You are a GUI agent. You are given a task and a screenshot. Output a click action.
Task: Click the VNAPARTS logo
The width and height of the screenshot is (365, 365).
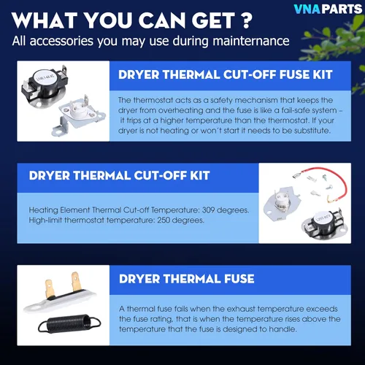(328, 9)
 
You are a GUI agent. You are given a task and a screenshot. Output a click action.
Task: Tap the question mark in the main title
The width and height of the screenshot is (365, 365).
(247, 20)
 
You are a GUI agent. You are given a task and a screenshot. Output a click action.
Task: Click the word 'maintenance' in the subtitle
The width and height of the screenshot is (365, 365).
(251, 41)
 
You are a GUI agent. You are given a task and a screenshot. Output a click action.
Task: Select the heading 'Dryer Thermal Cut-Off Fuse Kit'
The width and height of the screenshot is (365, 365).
(226, 74)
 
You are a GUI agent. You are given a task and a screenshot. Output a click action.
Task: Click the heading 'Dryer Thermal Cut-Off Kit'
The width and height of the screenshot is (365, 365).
(119, 175)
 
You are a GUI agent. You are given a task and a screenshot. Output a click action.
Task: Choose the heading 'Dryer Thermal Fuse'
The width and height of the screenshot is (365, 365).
(187, 279)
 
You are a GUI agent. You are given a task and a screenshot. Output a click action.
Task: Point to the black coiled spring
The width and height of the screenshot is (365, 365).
(69, 323)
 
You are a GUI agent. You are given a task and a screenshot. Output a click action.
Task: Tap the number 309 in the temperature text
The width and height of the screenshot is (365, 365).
(208, 210)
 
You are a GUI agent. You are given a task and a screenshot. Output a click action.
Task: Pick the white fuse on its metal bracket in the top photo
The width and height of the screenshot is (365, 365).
(79, 115)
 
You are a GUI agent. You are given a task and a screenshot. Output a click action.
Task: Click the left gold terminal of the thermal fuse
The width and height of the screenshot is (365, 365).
(49, 288)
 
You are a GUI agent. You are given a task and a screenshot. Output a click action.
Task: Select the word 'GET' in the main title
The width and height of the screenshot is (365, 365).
(213, 20)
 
